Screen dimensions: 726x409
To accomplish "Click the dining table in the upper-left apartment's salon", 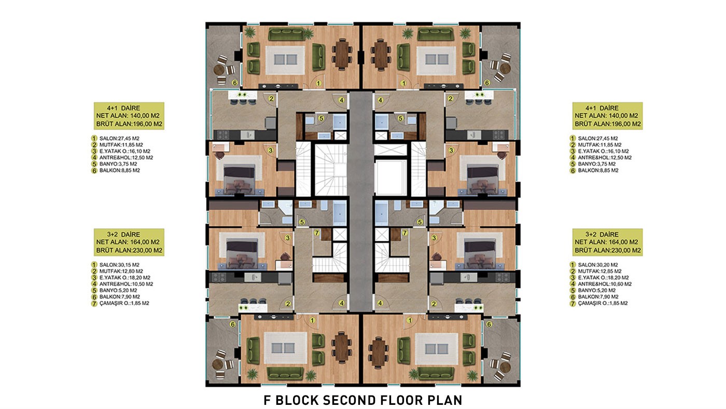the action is tap(342, 54).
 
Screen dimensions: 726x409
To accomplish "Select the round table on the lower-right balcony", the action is tap(505, 367).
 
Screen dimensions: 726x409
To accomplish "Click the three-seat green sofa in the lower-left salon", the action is tap(285, 373).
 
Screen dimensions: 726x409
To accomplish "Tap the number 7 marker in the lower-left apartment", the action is tap(317, 233).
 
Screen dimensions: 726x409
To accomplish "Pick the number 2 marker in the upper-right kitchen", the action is tap(450, 99).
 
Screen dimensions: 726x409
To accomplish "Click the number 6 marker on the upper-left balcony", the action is tap(234, 83).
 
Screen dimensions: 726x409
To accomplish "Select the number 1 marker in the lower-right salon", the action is tap(410, 320).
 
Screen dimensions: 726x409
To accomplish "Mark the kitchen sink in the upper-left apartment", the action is tap(248, 134).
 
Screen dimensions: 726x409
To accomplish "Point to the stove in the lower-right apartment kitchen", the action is tap(502, 278).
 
